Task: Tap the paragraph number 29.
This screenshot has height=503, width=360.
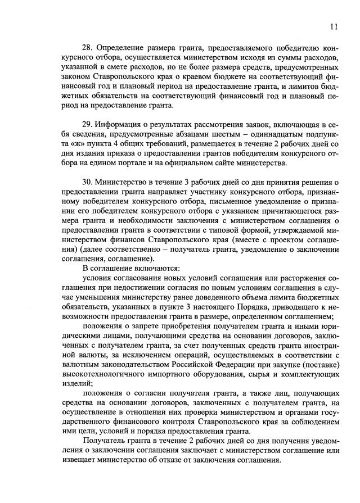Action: tap(88, 124)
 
